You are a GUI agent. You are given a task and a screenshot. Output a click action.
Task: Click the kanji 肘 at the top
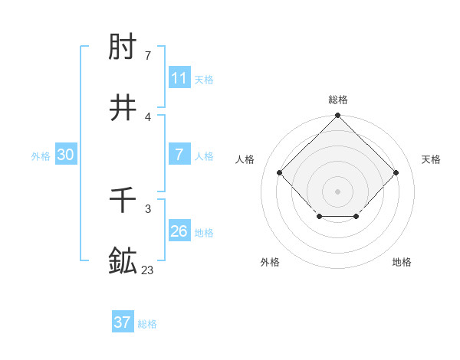[x=123, y=47]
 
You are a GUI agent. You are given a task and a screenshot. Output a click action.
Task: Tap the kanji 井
[x=123, y=108]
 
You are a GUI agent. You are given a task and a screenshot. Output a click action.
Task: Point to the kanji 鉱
[x=123, y=261]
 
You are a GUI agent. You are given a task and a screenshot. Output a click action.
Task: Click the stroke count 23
[x=147, y=270]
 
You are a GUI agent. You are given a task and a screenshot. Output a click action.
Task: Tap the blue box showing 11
[x=179, y=78]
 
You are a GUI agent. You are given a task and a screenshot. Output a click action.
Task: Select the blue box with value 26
[x=179, y=231]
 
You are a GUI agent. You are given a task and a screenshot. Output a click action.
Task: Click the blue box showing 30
[x=66, y=155]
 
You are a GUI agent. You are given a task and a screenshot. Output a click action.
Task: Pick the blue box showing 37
[x=123, y=322]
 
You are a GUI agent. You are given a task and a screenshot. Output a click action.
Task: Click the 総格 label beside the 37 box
[x=147, y=324]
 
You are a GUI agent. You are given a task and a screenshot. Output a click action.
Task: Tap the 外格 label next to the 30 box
[x=41, y=155]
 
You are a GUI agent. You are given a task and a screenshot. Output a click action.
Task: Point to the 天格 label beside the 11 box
[x=204, y=79]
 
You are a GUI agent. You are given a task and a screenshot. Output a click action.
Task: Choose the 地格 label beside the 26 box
[x=204, y=232]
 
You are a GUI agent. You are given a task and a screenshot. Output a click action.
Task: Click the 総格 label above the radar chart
[x=338, y=100]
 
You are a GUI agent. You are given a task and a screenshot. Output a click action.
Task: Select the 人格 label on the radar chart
[x=245, y=159]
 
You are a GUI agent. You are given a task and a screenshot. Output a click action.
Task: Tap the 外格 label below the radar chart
[x=270, y=263]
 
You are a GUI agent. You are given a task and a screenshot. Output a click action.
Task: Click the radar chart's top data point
[x=338, y=116]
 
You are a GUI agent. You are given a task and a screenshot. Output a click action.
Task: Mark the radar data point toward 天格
[x=396, y=172]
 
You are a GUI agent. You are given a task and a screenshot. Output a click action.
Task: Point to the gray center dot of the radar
[x=338, y=191]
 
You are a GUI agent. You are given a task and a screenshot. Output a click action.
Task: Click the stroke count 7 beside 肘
[x=147, y=56]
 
